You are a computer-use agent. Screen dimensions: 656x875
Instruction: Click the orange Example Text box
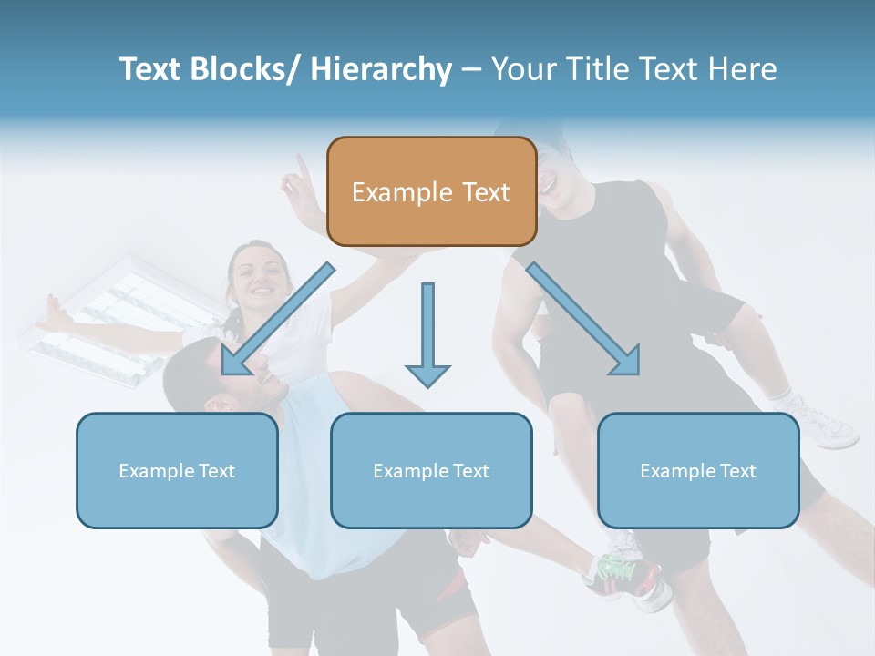tap(431, 191)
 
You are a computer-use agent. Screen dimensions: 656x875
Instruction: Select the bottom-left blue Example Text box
tap(177, 470)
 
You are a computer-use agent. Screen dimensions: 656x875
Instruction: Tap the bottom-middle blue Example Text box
tap(431, 470)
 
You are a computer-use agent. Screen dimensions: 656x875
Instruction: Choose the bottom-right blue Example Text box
tap(698, 470)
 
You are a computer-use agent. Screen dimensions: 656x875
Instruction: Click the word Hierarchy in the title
tap(381, 69)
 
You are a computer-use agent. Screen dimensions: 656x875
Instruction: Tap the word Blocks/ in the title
tap(249, 69)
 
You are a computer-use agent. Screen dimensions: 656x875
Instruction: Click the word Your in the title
tap(523, 69)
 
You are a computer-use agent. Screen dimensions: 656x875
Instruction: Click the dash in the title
tap(471, 69)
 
